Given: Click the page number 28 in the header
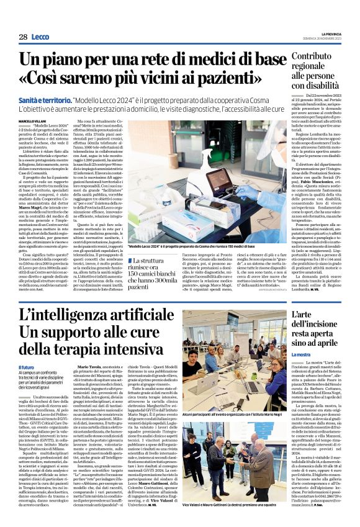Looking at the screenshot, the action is (x=22, y=37).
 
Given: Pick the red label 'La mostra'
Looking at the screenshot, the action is (x=300, y=372).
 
